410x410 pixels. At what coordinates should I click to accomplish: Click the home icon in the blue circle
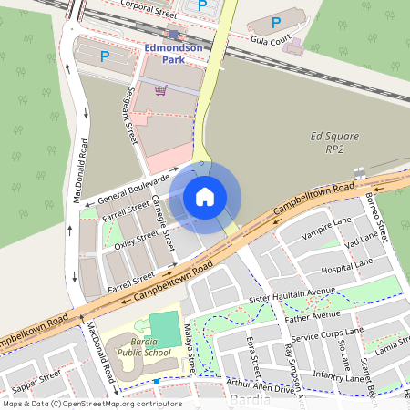click(205, 196)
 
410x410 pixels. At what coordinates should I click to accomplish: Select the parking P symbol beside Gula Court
click(277, 22)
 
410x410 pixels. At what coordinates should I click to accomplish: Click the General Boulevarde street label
click(134, 186)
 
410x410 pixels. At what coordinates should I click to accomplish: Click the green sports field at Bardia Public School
click(164, 327)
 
